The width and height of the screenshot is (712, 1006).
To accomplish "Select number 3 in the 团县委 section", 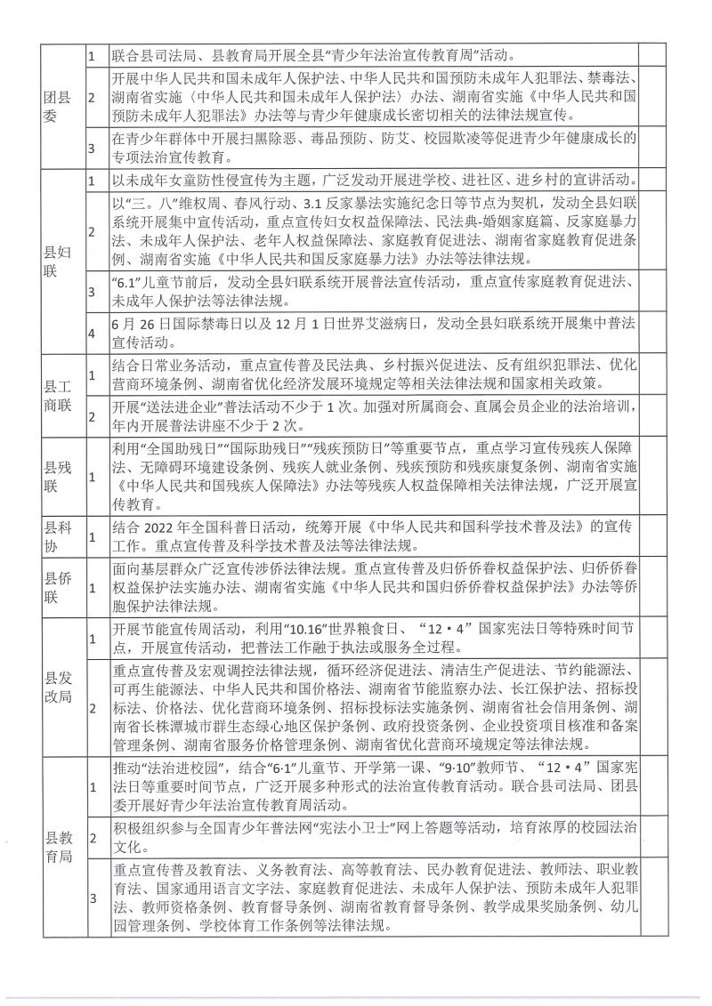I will (91, 146).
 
